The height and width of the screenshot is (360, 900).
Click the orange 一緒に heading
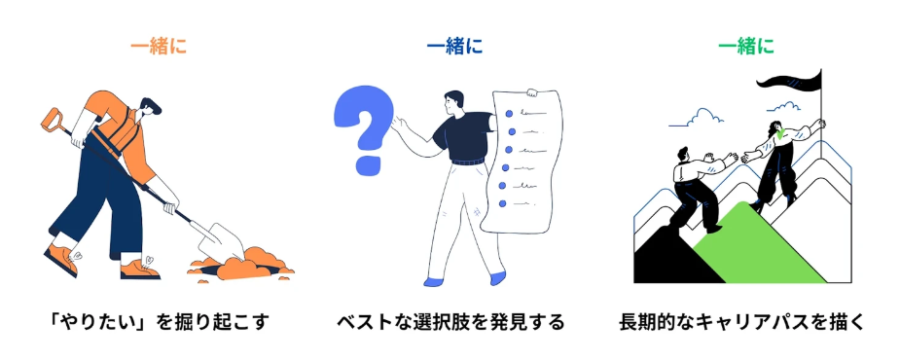tap(158, 46)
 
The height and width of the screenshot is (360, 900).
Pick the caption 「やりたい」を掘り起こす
tap(157, 321)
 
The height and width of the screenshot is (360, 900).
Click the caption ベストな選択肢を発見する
tap(450, 321)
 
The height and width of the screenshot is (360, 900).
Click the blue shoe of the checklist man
tap(498, 277)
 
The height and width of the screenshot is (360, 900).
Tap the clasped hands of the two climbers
tap(733, 156)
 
